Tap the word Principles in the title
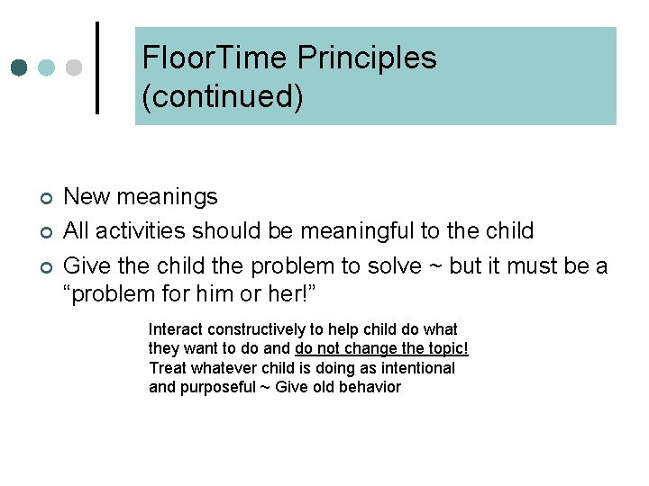367,58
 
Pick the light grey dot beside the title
75,67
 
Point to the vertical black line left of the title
97,67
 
